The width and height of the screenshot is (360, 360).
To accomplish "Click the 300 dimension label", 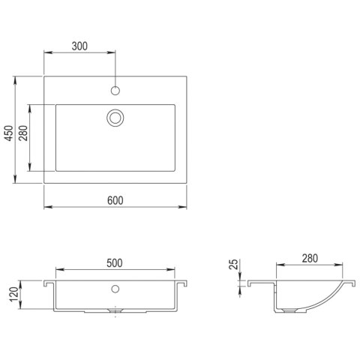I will click(79, 46).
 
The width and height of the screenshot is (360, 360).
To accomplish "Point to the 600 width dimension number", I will click(115, 199).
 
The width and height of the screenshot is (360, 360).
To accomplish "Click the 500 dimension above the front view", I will click(115, 262).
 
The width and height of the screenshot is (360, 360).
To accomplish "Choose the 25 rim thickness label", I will click(232, 265).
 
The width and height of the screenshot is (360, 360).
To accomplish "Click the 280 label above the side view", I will click(310, 258).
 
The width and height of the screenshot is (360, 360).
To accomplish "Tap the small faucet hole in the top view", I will click(115, 91).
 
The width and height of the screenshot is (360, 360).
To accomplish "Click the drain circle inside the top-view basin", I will click(115, 117).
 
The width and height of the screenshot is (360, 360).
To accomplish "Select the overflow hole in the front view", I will click(115, 288).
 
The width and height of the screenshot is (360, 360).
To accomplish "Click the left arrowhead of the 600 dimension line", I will click(47, 207).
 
